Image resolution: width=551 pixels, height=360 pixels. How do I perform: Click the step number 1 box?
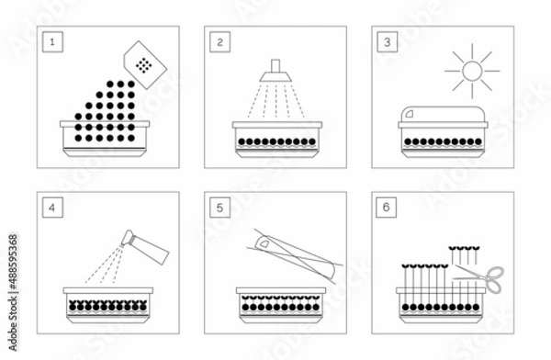tap(54, 41)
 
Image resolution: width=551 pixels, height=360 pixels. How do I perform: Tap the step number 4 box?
tap(54, 208)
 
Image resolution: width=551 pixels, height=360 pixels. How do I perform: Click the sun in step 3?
tap(472, 69)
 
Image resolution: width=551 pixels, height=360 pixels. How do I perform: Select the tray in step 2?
tap(275, 144)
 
